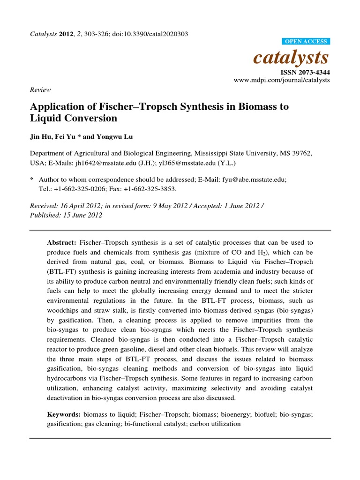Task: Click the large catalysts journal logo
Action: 291,57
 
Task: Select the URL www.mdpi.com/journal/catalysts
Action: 282,80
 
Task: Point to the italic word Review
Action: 40,90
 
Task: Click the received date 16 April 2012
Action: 75,206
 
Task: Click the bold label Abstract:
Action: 61,242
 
